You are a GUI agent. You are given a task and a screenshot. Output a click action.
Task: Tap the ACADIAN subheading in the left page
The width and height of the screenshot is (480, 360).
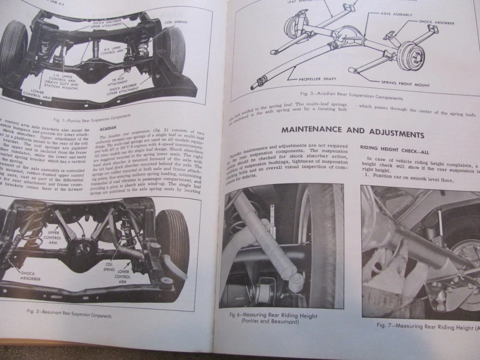click(x=108, y=127)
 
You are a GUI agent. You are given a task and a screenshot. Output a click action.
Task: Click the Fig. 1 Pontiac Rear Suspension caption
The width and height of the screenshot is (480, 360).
click(x=92, y=116)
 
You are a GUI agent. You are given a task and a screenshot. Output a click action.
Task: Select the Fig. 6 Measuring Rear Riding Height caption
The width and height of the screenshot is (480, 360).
click(x=273, y=318)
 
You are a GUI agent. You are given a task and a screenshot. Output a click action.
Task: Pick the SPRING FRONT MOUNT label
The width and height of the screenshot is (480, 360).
click(x=405, y=83)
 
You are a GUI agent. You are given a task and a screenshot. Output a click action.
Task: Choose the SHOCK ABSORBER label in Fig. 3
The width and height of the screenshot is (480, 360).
click(x=436, y=22)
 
